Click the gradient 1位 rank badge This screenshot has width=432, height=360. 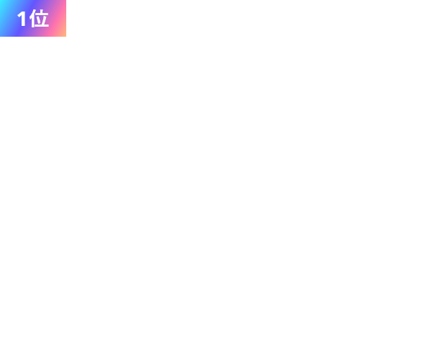click(x=32, y=18)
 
